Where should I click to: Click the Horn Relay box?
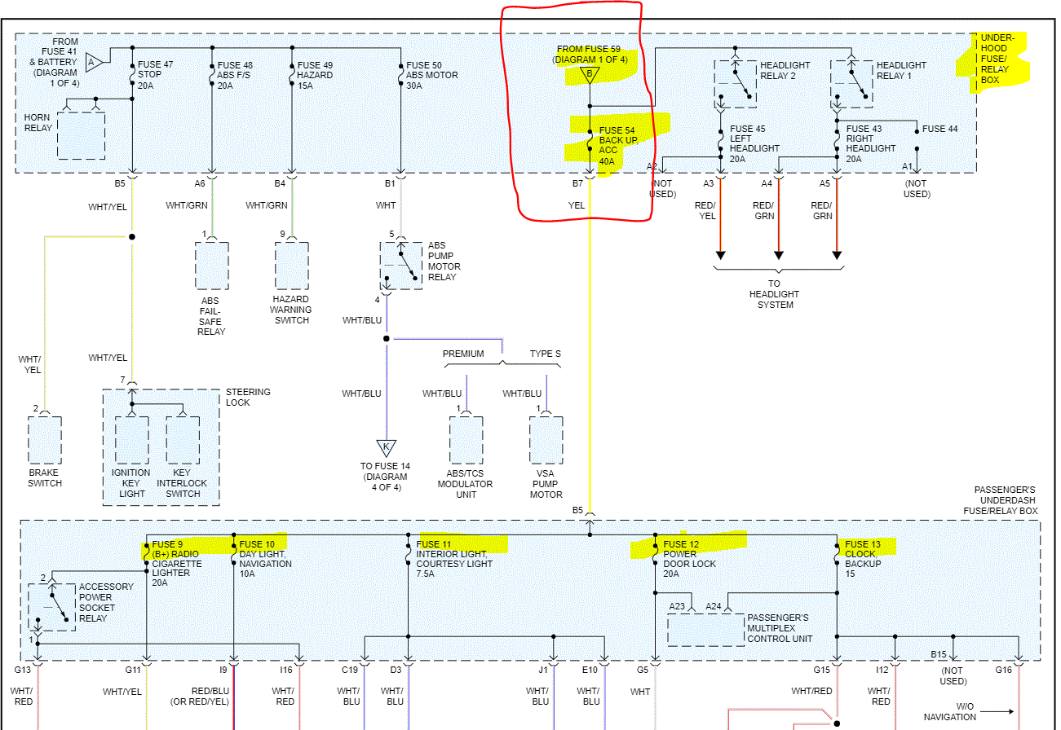click(x=81, y=134)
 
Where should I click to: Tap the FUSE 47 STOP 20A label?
click(x=155, y=75)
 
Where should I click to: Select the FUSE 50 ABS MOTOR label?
click(x=431, y=75)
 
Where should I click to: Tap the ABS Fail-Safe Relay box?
click(x=211, y=265)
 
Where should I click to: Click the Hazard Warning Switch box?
click(x=291, y=265)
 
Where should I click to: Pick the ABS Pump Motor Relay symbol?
click(x=400, y=265)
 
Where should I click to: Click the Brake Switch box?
click(x=45, y=440)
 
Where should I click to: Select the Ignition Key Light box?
click(x=131, y=440)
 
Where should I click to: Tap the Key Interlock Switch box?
click(x=183, y=440)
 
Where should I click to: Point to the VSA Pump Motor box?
click(x=546, y=440)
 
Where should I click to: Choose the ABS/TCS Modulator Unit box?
click(x=466, y=440)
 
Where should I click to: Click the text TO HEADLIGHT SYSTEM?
click(x=776, y=294)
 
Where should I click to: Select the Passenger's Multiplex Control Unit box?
click(x=705, y=630)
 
